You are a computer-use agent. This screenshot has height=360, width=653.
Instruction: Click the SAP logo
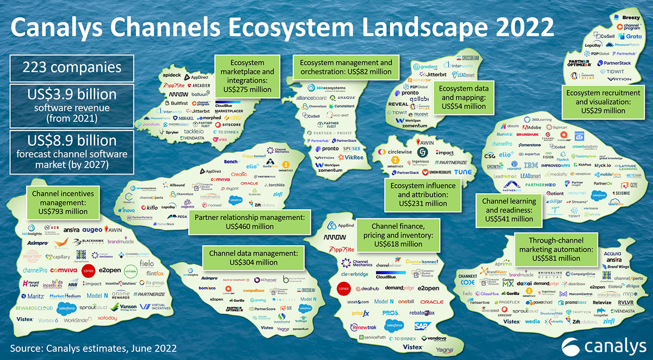pyautogui.click(x=421, y=326)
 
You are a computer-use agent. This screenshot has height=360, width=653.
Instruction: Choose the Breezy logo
pyautogui.click(x=630, y=17)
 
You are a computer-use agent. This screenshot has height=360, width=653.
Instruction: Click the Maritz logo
pyautogui.click(x=33, y=296)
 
